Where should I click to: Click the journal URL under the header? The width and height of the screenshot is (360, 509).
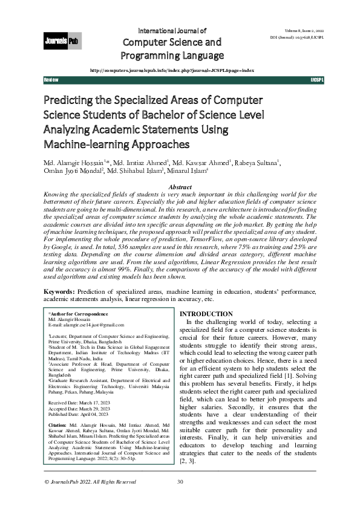pyautogui.click(x=172, y=70)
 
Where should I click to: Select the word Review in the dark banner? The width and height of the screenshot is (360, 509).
pyautogui.click(x=51, y=80)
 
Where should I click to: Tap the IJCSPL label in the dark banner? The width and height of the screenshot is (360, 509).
pyautogui.click(x=317, y=80)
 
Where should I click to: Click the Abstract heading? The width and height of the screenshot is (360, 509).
pyautogui.click(x=179, y=189)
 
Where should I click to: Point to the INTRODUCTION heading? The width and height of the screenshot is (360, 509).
pyautogui.click(x=206, y=314)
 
